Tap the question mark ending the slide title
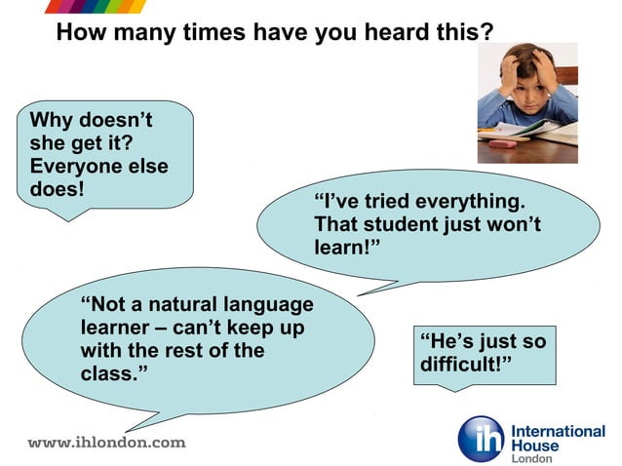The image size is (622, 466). (486, 32)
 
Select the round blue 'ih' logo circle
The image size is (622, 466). (482, 439)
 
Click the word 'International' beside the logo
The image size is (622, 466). (558, 431)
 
